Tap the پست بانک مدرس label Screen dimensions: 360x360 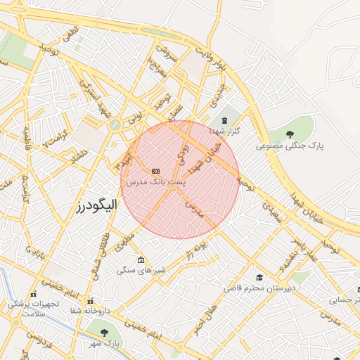coord(155,181)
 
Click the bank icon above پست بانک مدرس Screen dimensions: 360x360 coord(155,171)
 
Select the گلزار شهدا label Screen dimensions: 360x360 coord(225,131)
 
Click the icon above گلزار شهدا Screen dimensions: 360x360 coord(225,120)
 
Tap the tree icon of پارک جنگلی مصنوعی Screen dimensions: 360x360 coord(290,134)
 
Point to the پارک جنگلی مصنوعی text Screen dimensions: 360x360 coord(290,146)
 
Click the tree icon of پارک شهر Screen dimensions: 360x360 coord(103,332)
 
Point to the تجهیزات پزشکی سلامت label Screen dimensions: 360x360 coord(32,309)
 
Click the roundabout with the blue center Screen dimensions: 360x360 coord(114,125)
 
